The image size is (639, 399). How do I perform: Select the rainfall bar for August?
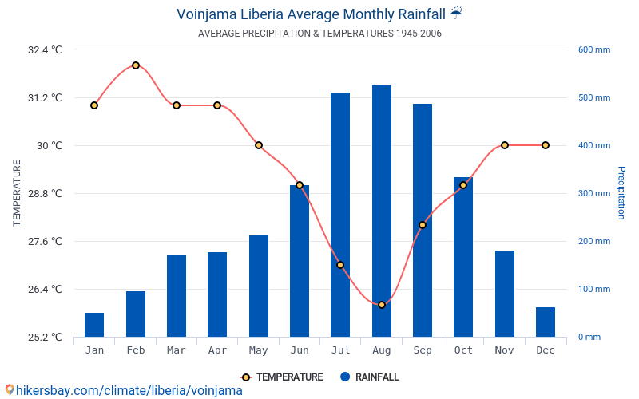(382, 211)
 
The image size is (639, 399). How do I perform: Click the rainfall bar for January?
(94, 325)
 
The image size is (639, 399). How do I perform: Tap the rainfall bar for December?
(546, 322)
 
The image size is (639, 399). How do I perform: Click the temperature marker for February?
(136, 65)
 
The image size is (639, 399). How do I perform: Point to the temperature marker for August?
(382, 305)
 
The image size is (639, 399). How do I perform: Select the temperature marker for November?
(505, 145)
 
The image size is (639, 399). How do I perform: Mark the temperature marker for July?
(340, 265)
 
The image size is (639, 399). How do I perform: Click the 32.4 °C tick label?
(45, 49)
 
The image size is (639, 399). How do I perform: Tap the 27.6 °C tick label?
(45, 241)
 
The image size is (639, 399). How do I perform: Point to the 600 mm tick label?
(594, 49)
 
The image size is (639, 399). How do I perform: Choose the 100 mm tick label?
(594, 289)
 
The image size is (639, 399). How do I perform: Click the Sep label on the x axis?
(423, 350)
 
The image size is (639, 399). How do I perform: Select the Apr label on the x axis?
(217, 350)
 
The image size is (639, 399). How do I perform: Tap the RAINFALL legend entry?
(369, 377)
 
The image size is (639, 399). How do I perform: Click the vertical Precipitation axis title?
(621, 193)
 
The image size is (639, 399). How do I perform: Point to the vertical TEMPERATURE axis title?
(17, 193)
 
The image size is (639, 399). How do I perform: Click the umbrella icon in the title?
(456, 13)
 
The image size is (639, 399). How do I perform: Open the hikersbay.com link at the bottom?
(124, 391)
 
